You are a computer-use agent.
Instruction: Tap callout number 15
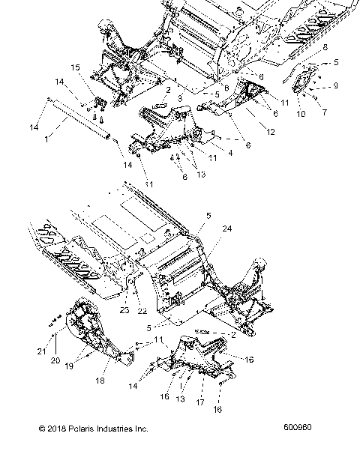75,67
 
